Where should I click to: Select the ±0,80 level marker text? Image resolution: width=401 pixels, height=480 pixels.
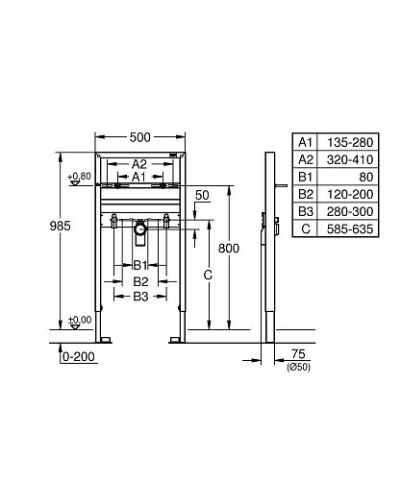(x=80, y=177)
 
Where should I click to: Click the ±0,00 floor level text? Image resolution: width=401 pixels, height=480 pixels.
(x=80, y=320)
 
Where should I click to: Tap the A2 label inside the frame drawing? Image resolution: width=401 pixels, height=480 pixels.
(x=138, y=163)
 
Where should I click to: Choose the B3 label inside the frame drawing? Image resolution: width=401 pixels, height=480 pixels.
(x=140, y=298)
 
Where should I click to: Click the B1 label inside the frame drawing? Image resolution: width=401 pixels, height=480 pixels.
(x=139, y=264)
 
